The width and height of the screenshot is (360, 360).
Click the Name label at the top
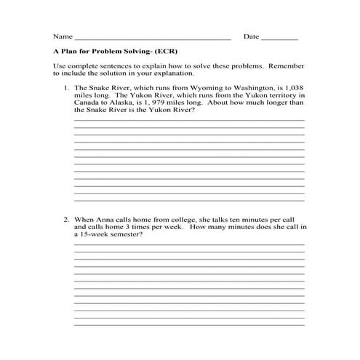pyautogui.click(x=63, y=36)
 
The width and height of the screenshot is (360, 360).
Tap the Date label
pyautogui.click(x=251, y=36)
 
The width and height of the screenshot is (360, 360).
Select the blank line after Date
pyautogui.click(x=279, y=38)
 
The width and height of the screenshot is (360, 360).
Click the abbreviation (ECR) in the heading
pyautogui.click(x=166, y=52)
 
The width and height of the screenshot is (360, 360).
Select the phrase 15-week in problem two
pyautogui.click(x=95, y=234)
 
